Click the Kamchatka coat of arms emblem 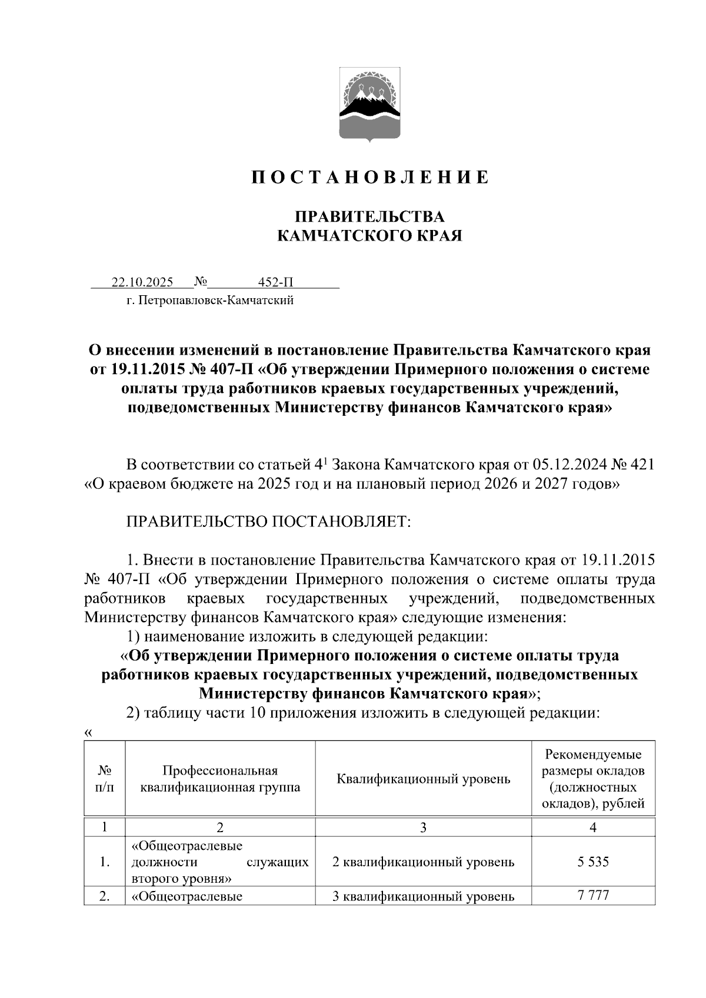pos(369,104)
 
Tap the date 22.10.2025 pos(142,282)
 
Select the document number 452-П pos(276,282)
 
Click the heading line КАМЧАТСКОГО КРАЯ pos(369,236)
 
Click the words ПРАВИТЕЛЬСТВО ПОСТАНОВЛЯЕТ pos(268,522)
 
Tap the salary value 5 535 pos(592,862)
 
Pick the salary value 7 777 pos(592,896)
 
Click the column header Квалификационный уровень pos(423,779)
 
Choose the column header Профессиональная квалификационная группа pos(220,779)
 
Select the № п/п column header pos(104,779)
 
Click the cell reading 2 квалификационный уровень pos(423,862)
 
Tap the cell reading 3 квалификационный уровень pos(423,896)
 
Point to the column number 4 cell pos(592,827)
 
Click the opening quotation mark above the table pos(88,733)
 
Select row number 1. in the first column pos(104,862)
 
